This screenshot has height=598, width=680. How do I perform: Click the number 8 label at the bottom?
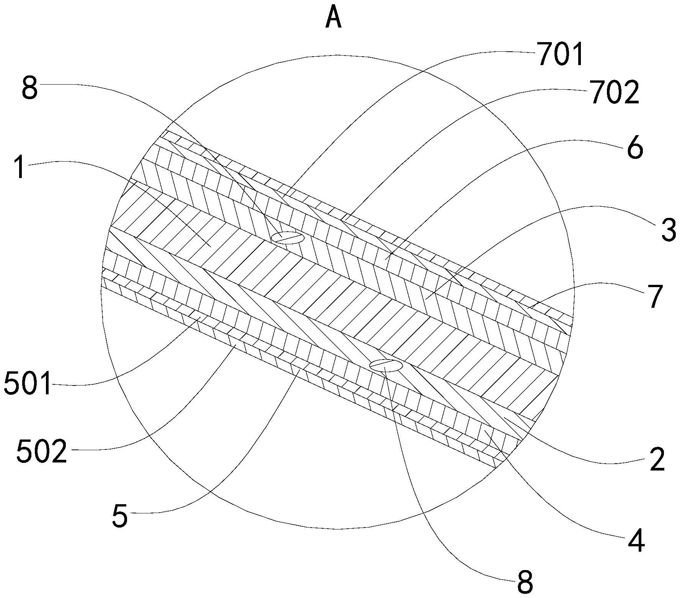525,583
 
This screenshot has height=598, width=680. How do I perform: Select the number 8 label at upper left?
29,88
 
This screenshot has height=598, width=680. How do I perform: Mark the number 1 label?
20,167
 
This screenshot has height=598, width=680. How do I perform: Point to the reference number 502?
42,451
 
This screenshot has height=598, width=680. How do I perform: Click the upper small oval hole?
287,238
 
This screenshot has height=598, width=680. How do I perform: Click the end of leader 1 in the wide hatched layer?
210,245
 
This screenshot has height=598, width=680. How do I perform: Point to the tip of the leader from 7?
528,307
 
